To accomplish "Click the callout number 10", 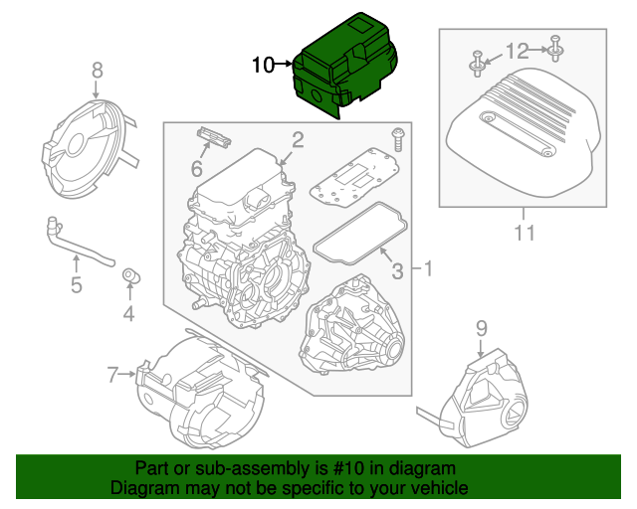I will (263, 66).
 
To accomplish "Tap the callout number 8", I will (97, 70).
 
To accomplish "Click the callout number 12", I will (518, 50).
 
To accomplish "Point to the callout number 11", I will (524, 234).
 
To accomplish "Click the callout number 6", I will (197, 170).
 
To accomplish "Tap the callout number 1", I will (428, 268).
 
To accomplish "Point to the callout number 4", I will (128, 316).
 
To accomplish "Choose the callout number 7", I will (112, 374).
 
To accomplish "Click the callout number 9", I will (481, 326).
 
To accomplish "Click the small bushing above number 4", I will (129, 274).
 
